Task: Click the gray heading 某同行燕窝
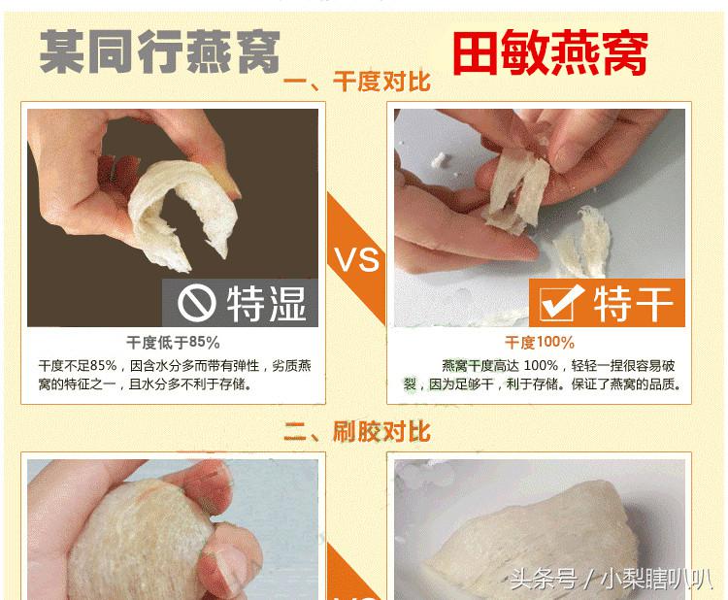point(159,51)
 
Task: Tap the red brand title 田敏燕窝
point(550,53)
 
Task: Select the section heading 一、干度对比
point(356,82)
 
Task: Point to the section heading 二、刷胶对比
point(356,431)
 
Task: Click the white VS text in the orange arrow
point(356,260)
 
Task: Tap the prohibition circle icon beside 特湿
point(196,304)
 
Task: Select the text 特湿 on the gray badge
point(266,304)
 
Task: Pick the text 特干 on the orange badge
point(633,304)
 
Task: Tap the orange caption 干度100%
point(539,343)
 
